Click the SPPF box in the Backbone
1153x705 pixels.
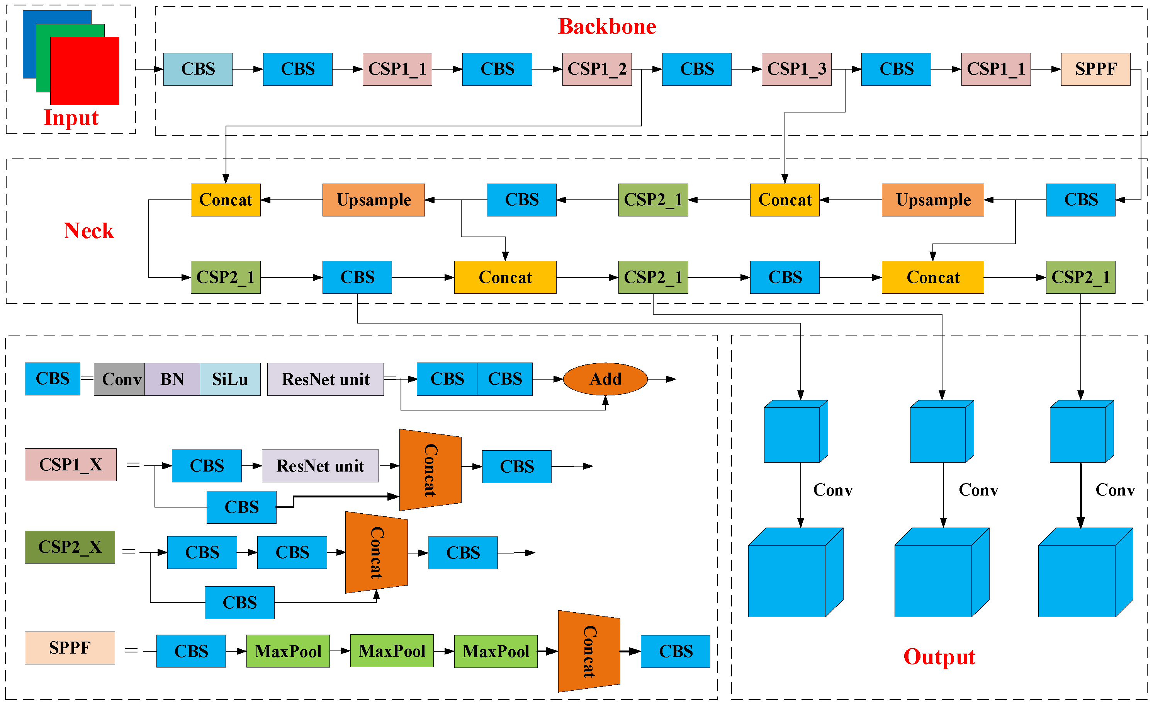(1095, 69)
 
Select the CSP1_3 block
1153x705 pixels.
(796, 69)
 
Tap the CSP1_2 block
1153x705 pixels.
(597, 69)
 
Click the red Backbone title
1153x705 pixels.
(607, 27)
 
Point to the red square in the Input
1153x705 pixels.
(84, 71)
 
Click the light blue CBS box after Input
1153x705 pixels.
(198, 69)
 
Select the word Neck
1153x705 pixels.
(89, 231)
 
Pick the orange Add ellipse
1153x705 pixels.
(605, 379)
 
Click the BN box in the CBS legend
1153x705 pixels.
(172, 379)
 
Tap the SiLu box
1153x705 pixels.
(230, 379)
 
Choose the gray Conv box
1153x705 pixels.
(119, 379)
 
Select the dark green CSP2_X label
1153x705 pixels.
(70, 547)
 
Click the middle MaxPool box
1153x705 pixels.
(392, 651)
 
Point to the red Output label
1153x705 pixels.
(939, 656)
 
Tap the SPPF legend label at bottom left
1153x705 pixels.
(70, 647)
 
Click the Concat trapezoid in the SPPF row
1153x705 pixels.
(589, 651)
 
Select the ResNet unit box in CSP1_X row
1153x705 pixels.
(320, 466)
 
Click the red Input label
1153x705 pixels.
(71, 117)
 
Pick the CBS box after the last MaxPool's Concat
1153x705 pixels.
(675, 651)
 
